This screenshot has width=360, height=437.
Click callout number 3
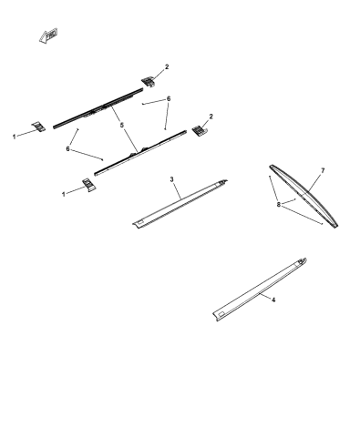[x=172, y=180]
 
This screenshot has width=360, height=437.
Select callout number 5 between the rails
[x=121, y=124]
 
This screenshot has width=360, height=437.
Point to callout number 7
[x=322, y=170]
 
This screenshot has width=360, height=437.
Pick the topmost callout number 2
[x=167, y=66]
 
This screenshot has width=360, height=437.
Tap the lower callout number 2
[x=211, y=117]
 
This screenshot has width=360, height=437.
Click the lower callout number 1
[x=63, y=192]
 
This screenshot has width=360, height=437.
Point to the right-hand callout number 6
[x=169, y=98]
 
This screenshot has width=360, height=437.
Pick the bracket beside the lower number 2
[x=197, y=133]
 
